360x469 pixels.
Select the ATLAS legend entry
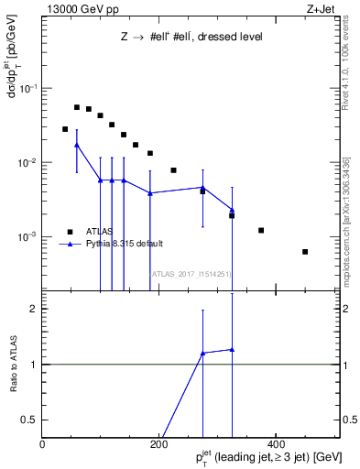point(98,231)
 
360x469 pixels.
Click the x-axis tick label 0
point(42,443)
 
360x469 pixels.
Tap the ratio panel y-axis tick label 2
point(32,309)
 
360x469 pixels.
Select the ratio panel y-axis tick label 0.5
point(28,420)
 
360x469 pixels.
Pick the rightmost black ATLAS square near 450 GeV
point(305,252)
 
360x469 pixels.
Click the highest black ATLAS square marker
point(77,107)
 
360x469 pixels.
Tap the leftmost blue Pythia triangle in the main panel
point(77,145)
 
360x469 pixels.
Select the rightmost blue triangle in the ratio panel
point(232,349)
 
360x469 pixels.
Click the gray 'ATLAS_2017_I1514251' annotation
point(191,273)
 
